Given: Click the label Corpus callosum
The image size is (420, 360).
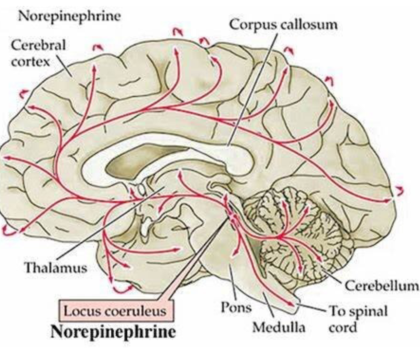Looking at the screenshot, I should [x=283, y=25].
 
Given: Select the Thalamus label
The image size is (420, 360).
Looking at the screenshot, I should [x=56, y=268].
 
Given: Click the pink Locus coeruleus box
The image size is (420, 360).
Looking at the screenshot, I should [x=115, y=311].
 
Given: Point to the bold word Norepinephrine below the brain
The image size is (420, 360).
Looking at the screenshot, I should [x=113, y=331].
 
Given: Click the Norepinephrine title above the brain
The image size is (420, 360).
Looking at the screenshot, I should [x=69, y=16].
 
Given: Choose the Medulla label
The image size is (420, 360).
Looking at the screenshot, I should [x=279, y=327].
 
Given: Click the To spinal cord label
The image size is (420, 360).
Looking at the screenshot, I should [x=358, y=319].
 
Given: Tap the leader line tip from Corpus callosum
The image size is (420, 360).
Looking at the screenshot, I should [x=228, y=146].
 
